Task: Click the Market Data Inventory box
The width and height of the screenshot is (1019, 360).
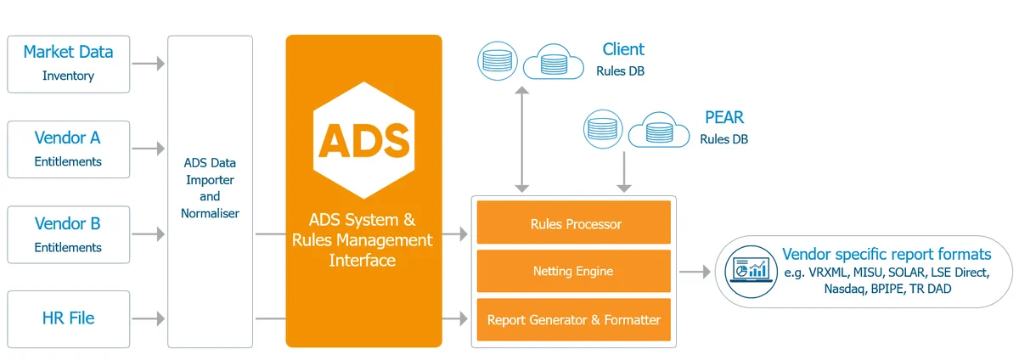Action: (68, 64)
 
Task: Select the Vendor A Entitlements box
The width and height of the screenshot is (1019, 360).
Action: (68, 149)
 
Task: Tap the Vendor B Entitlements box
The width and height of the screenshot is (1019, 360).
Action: (68, 234)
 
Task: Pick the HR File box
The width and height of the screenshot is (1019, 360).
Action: (68, 319)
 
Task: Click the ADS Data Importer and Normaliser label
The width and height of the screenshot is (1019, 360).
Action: (210, 188)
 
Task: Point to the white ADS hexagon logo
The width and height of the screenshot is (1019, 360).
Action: (363, 138)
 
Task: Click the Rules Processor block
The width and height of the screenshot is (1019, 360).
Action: (575, 224)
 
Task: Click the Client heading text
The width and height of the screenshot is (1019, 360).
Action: (623, 49)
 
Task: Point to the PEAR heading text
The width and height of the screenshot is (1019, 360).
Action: (724, 117)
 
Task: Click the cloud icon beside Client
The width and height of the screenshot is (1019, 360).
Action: (553, 62)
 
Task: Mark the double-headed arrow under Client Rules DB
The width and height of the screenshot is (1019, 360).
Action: (524, 137)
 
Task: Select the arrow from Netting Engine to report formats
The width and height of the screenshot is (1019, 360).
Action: (695, 272)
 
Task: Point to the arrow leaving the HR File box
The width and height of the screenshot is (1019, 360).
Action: (149, 319)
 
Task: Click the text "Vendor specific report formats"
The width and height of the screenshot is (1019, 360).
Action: (886, 254)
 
